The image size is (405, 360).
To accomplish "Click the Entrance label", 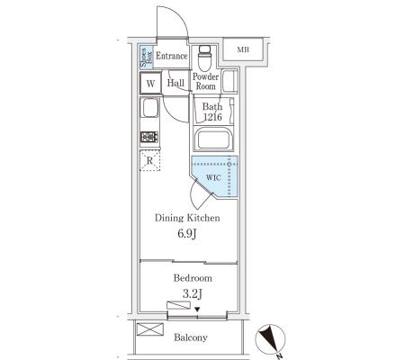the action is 172,56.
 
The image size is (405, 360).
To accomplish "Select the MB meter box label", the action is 243,49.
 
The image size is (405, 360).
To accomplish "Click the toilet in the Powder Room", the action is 205,57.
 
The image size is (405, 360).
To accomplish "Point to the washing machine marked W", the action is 150,83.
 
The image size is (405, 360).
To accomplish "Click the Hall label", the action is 175,83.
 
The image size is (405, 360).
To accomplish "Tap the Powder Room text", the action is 205,82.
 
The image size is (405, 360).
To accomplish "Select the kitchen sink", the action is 150,108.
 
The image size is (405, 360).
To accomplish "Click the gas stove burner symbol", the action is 149,138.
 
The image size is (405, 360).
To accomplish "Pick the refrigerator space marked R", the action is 149,161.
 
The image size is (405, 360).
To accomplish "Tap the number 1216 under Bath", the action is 212,117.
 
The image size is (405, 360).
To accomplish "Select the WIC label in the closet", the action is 213,178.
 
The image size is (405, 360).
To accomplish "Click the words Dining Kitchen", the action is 187,218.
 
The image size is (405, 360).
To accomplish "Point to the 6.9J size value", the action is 187,233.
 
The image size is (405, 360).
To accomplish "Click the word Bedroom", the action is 193,278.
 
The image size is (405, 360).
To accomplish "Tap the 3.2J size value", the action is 193,294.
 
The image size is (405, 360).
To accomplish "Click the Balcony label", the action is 191,337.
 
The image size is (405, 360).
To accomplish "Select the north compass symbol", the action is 270,339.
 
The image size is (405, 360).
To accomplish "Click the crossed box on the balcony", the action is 150,329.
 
